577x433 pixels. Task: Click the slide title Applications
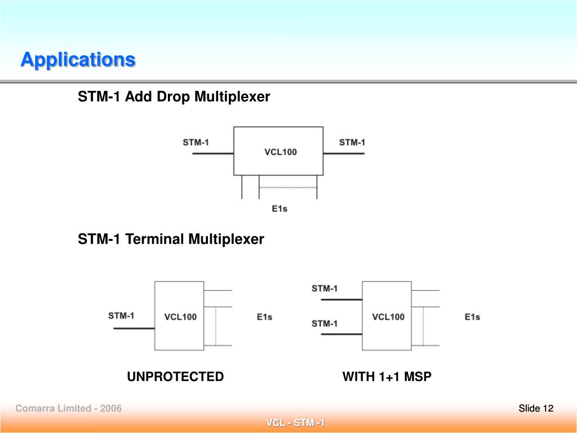click(x=78, y=59)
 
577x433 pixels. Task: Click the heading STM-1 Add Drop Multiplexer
click(x=174, y=97)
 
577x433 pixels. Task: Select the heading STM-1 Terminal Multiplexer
click(x=171, y=239)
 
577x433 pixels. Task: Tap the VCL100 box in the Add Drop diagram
click(x=279, y=151)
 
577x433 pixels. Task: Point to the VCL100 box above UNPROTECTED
click(x=180, y=316)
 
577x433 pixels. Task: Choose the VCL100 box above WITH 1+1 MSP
click(x=388, y=316)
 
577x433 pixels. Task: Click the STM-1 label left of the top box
click(x=196, y=142)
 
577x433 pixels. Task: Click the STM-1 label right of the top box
click(x=352, y=142)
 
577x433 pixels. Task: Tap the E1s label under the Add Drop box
click(x=279, y=209)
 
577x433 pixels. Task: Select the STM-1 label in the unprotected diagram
click(x=121, y=315)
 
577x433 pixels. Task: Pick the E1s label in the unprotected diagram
click(x=264, y=317)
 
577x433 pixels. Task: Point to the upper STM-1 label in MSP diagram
click(x=325, y=288)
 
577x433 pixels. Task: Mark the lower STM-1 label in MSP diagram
click(x=325, y=323)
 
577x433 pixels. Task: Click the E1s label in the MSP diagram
click(x=472, y=317)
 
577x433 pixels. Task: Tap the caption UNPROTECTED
click(x=175, y=377)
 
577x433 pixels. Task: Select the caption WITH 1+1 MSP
click(x=387, y=377)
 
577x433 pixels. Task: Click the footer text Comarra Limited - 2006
click(x=68, y=408)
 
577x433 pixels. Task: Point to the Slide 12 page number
click(x=536, y=408)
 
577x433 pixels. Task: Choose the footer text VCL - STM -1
click(x=295, y=423)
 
